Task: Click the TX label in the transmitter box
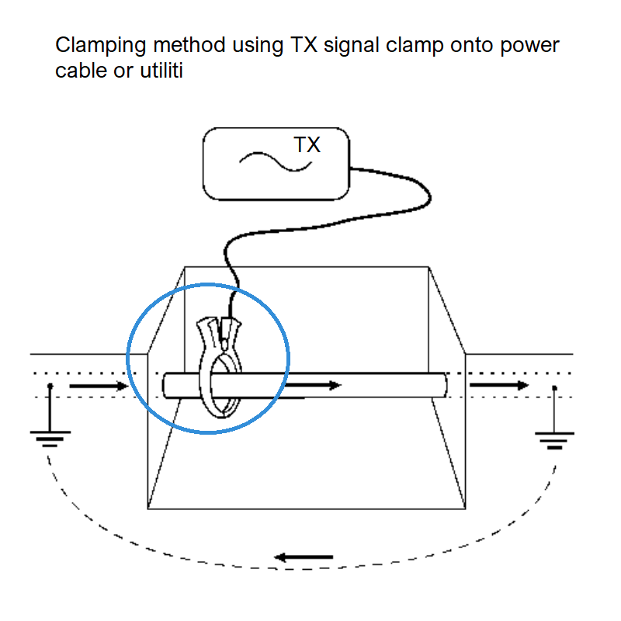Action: [x=307, y=145]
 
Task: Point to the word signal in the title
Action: [x=359, y=45]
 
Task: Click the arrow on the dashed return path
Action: [x=305, y=557]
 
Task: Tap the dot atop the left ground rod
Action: [x=50, y=385]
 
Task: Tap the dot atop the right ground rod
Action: [x=553, y=386]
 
